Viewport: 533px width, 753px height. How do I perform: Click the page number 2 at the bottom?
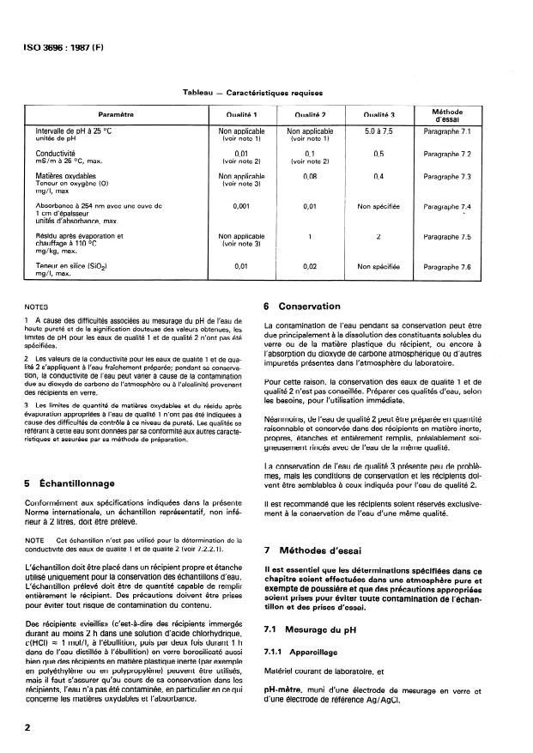pos(28,726)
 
